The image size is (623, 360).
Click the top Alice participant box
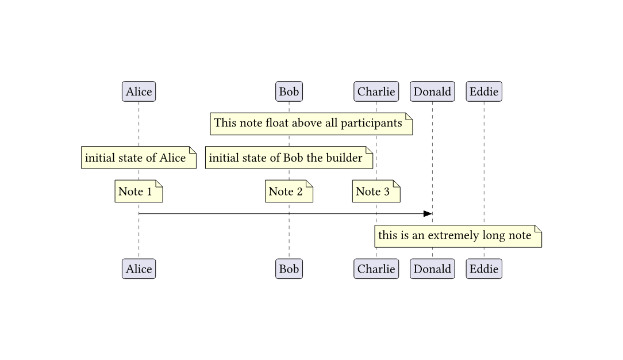click(139, 91)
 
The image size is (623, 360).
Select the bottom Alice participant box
click(139, 269)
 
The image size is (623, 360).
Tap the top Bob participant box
click(289, 91)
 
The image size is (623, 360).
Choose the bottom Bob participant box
click(289, 269)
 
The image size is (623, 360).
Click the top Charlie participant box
click(376, 91)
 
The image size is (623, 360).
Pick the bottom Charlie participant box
click(376, 269)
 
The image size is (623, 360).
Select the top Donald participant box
click(432, 91)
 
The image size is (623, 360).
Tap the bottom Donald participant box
click(432, 269)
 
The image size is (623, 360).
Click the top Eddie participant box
click(484, 91)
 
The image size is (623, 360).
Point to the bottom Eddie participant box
click(484, 269)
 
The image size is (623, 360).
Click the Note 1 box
click(139, 192)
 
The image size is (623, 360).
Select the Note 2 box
click(289, 192)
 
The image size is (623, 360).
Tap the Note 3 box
click(376, 192)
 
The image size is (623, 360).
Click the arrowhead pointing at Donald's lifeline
click(428, 214)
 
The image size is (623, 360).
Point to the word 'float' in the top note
click(277, 123)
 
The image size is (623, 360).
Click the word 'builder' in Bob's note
click(344, 158)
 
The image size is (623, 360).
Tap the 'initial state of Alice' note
click(139, 158)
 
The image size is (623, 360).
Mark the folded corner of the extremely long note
click(538, 229)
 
